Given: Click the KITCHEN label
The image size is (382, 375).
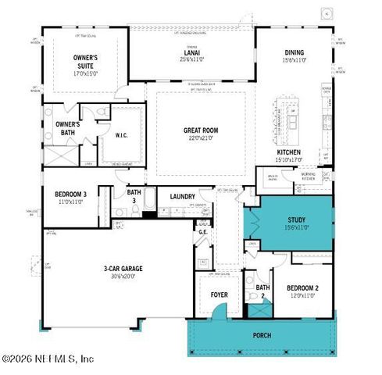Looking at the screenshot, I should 289,152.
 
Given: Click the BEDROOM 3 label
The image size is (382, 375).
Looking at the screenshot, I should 70,194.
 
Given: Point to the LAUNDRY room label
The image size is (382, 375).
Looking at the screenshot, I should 182,196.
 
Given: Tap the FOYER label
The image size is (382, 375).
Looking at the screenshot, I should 219,295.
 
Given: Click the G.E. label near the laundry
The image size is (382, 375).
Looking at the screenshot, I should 202,231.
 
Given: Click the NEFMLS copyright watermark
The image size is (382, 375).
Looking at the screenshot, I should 48,359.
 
